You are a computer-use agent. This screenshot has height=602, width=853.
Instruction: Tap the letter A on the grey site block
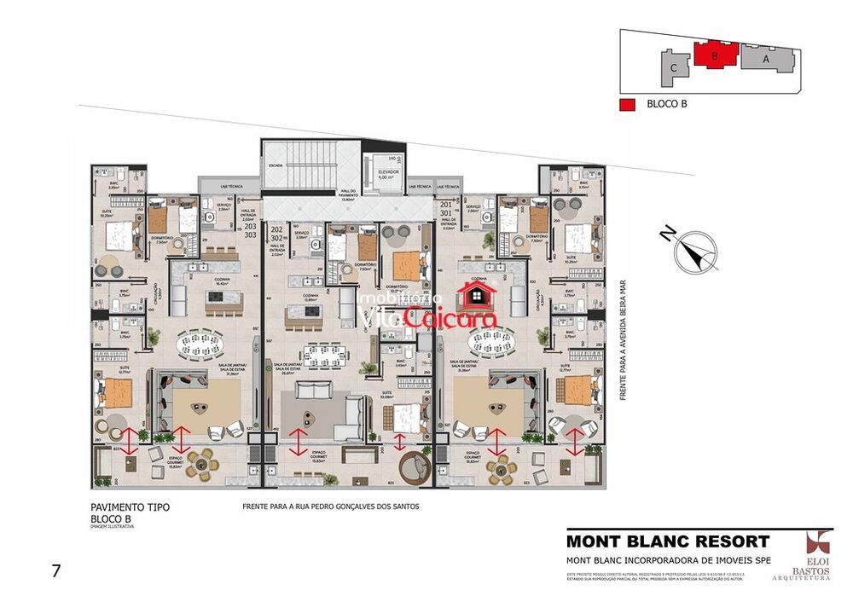pos(765,59)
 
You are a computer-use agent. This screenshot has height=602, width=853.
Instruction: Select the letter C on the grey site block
pos(674,66)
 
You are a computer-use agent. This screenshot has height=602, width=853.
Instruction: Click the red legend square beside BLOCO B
pos(628,105)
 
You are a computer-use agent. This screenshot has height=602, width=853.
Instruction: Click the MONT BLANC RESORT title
pos(668,541)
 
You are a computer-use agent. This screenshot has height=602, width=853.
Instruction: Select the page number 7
pos(56,571)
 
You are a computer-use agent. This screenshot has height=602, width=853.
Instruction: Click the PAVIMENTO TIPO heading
pos(130,507)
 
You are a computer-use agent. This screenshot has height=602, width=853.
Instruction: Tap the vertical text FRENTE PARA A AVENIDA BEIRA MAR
pos(624,340)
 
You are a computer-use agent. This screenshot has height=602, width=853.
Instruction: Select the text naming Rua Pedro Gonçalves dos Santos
pos(331,506)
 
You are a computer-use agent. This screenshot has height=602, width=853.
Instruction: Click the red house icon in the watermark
pos(477,296)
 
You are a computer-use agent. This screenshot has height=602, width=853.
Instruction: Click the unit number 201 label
pos(445,205)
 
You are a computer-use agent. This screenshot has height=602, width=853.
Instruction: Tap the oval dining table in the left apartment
pos(203,344)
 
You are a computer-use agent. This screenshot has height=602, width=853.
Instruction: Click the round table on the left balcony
pos(203,465)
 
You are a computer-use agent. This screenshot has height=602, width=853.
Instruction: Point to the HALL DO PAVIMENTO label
pos(348,196)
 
